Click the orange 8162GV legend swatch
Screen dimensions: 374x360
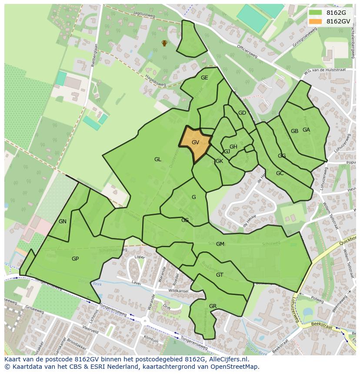(x=316, y=21)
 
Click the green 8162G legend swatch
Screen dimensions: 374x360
(x=316, y=13)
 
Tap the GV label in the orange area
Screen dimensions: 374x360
(x=195, y=142)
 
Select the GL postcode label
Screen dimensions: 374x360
(x=157, y=159)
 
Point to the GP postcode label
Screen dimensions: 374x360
(x=75, y=259)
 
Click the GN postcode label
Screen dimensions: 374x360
(x=63, y=222)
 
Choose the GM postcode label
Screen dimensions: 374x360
(x=220, y=244)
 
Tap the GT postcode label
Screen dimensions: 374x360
(x=220, y=275)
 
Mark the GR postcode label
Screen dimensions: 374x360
(x=213, y=306)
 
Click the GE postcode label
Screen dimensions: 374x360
(x=204, y=78)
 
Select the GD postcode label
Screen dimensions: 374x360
(x=242, y=113)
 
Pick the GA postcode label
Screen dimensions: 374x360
(x=306, y=130)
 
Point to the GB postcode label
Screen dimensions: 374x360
(x=294, y=131)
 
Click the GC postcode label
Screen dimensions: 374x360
(x=280, y=173)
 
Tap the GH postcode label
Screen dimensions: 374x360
(x=233, y=147)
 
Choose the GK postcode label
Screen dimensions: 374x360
(x=219, y=161)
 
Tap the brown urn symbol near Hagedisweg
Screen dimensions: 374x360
(x=164, y=43)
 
